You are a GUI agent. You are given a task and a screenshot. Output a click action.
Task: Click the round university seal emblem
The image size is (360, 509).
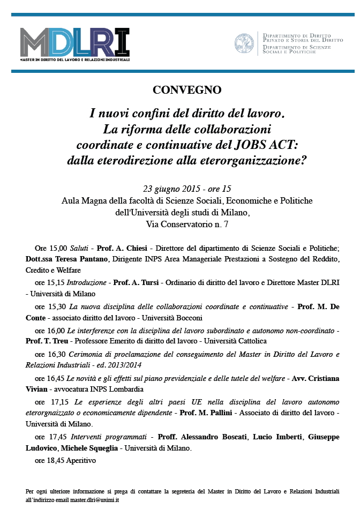tap(244, 43)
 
